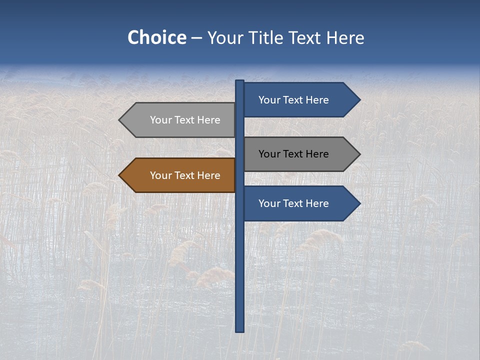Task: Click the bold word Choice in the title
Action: (x=156, y=37)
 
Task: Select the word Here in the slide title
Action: (x=345, y=37)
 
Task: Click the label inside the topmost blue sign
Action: (x=293, y=100)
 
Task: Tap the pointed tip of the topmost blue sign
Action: (x=359, y=100)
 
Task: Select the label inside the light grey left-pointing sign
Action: (x=185, y=120)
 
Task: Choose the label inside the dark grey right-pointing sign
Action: (x=293, y=154)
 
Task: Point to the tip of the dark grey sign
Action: (x=359, y=154)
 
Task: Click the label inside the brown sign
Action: (x=185, y=175)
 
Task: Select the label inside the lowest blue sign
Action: (x=293, y=203)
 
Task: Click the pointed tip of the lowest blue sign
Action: (x=359, y=203)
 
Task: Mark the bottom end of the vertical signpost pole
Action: (x=240, y=330)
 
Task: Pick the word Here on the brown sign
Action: (x=208, y=175)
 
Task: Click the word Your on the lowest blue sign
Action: (x=269, y=203)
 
